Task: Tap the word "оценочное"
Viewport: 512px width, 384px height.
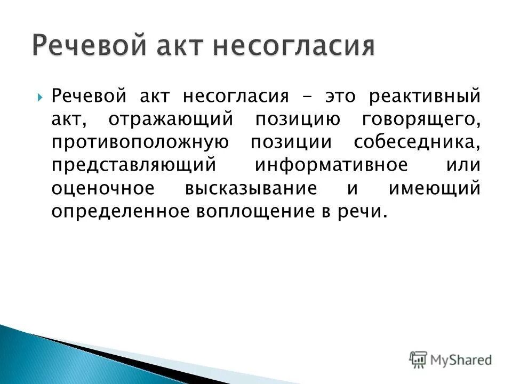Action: [110, 188]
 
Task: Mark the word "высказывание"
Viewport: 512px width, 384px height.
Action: [252, 188]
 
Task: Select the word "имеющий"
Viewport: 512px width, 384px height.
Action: [434, 188]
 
